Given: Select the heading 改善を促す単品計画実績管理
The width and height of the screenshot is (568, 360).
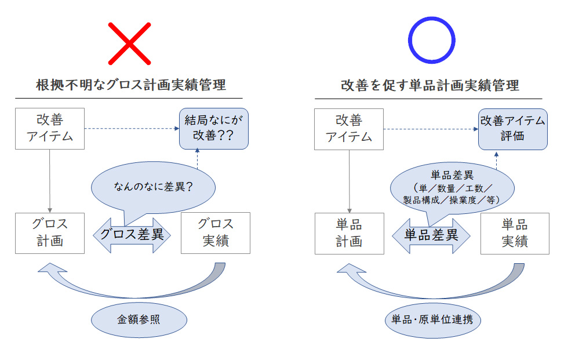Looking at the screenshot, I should [429, 85].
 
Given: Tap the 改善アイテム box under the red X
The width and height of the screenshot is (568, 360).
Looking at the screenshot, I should [50, 129].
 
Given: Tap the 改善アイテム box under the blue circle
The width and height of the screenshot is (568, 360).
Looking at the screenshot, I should [349, 129].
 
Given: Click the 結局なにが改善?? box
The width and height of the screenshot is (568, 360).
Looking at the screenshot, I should [213, 129].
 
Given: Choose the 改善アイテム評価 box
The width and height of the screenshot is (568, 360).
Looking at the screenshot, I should [512, 129].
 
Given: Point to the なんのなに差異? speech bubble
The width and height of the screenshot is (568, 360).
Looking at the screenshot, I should [153, 187].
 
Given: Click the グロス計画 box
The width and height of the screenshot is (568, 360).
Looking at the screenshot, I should [50, 232].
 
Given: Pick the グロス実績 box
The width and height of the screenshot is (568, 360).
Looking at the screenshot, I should [216, 232].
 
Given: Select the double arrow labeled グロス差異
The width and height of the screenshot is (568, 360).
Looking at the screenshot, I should [132, 235].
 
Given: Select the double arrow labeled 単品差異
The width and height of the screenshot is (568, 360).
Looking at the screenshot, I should [431, 235].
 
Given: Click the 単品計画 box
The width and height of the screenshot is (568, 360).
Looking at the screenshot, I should [349, 233].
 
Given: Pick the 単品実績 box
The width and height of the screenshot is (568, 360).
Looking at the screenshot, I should [515, 233].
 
